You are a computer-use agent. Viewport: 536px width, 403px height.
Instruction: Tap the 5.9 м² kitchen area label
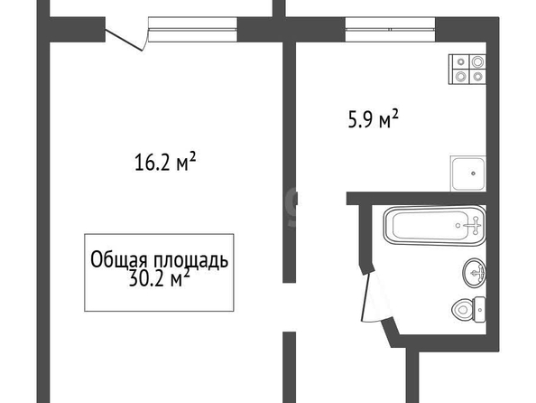tap(374, 118)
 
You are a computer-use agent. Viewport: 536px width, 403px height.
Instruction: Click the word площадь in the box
tap(190, 260)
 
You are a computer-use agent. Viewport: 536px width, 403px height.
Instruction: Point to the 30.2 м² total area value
tap(160, 278)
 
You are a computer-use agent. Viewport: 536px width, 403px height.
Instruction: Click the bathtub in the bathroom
tap(434, 225)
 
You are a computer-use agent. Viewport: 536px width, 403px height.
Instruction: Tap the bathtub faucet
tap(474, 225)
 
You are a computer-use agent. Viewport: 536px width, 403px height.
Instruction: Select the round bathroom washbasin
tap(474, 273)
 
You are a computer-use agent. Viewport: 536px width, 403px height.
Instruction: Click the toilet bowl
tap(462, 310)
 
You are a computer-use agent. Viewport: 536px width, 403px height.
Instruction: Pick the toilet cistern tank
tap(479, 310)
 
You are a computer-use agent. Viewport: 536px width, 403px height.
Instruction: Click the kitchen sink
tap(468, 173)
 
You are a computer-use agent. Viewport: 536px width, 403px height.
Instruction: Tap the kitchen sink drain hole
tap(473, 173)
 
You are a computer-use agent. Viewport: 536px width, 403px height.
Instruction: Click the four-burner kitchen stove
tap(467, 70)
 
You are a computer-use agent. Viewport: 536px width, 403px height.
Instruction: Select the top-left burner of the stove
tap(461, 62)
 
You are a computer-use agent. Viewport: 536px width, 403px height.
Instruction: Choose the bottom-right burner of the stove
tap(477, 77)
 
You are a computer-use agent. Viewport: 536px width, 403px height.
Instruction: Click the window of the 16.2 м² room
tap(193, 30)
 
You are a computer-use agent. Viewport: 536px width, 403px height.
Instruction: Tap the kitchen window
tap(390, 30)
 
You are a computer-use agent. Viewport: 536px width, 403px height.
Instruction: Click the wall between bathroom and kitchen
tap(416, 199)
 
